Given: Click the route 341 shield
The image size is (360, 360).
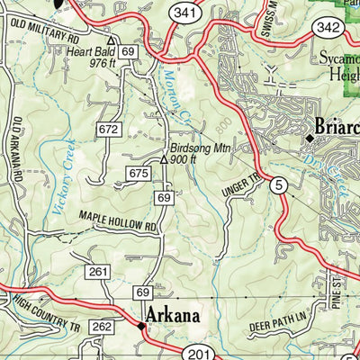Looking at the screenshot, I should coord(184,13).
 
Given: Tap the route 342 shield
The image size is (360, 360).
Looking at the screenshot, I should coord(327,29).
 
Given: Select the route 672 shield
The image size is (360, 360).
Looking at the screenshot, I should coord(109,130).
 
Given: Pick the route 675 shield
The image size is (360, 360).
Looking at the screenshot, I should coord(138,173).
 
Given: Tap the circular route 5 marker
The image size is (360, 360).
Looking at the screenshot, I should coord(279,186).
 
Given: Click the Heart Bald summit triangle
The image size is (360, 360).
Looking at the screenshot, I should coord(111,41).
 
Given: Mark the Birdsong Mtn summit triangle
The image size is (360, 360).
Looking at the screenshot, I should coord(164,158).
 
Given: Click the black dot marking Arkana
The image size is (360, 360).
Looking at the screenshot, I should coord(140,327).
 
